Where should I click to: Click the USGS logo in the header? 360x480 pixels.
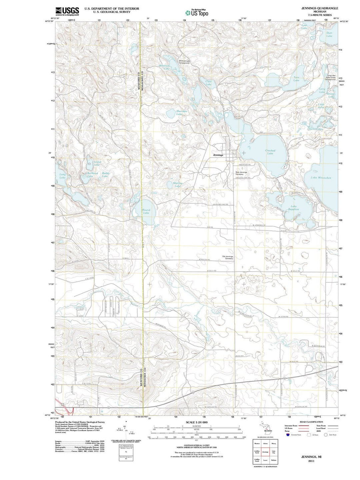pos(67,11)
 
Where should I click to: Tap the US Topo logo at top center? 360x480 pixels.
pos(197,13)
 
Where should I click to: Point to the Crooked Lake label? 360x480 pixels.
pos(270,152)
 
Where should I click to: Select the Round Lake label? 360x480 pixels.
pos(146,211)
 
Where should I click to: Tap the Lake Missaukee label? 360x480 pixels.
pos(321,178)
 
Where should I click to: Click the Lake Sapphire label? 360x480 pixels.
pos(293,208)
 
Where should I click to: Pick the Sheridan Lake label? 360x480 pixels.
pos(182,113)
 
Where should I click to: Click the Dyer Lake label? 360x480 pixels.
pos(329,34)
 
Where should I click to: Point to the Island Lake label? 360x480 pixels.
pos(96,163)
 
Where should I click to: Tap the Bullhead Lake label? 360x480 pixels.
pos(92,174)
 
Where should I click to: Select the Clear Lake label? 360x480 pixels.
pos(209,83)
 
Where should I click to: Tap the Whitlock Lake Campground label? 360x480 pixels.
pos(184,62)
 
